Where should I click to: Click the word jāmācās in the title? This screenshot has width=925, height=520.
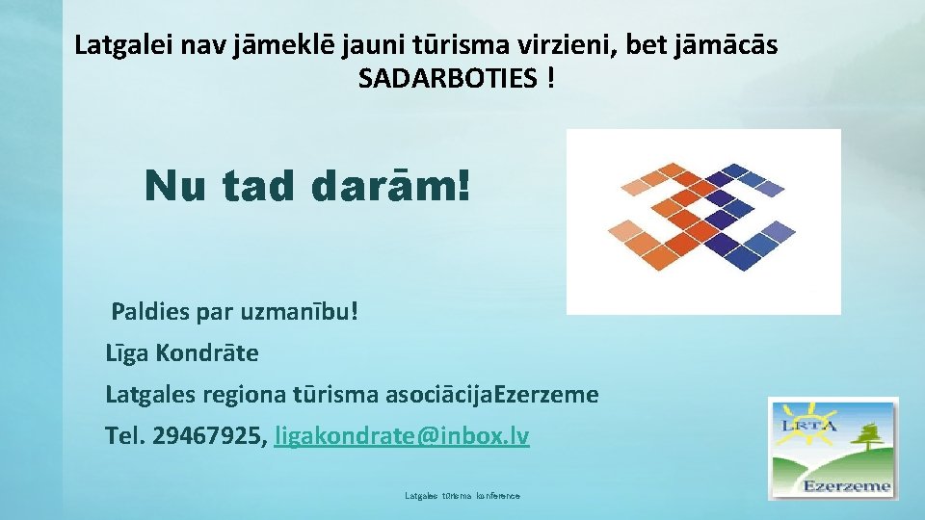[x=736, y=44]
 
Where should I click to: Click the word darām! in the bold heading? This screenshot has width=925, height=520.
[x=391, y=186]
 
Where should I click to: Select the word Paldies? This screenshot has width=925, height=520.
[x=152, y=312]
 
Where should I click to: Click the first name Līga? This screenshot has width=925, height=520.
[x=125, y=353]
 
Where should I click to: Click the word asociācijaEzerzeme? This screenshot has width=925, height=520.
[x=491, y=395]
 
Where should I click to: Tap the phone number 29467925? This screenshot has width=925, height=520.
[x=208, y=436]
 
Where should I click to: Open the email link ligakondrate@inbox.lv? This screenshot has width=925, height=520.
[x=402, y=436]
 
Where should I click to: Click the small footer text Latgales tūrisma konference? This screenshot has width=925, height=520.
[x=462, y=495]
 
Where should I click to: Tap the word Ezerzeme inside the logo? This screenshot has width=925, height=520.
[x=847, y=485]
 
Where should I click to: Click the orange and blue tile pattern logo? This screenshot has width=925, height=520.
[x=702, y=221]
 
